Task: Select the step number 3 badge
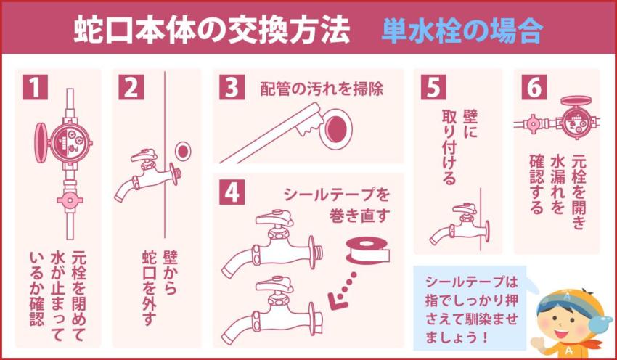click(x=232, y=89)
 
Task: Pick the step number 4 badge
click(x=232, y=192)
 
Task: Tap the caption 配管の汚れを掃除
click(x=322, y=89)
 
